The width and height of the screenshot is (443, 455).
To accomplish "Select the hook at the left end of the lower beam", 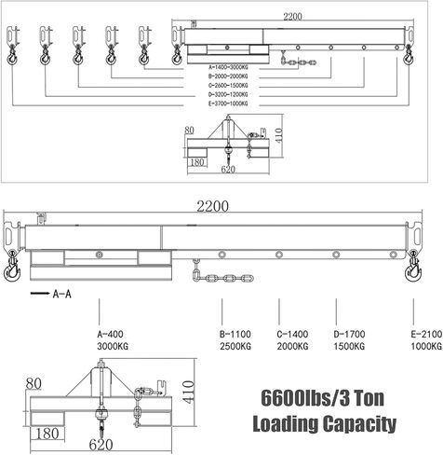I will (x=12, y=269).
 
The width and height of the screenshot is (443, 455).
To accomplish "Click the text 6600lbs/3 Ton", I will (x=325, y=394).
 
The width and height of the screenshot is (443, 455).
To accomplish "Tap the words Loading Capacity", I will (x=325, y=424).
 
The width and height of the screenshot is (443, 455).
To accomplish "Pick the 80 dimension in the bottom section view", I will (x=35, y=382).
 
